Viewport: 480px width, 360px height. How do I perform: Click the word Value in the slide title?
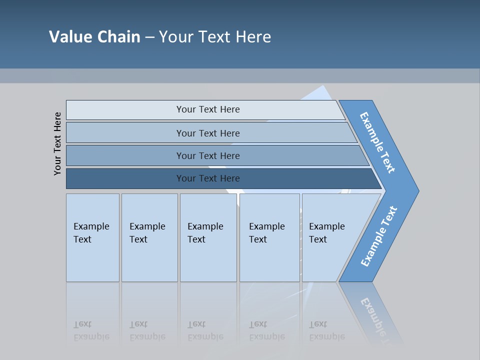point(70,37)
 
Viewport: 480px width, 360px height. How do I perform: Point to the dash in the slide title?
point(149,37)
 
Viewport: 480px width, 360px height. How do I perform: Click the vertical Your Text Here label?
point(57,143)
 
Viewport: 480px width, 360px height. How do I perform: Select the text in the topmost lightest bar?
point(208,109)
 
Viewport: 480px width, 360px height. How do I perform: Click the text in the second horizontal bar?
point(208,133)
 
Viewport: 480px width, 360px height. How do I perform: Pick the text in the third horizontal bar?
point(208,156)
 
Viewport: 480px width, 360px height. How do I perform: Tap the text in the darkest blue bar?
point(208,178)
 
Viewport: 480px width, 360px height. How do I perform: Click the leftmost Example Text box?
point(92,233)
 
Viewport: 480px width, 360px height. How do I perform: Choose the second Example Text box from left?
point(148,233)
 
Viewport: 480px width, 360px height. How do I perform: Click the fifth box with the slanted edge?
point(327,233)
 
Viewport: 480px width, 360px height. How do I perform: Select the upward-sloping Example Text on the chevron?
point(379,236)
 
